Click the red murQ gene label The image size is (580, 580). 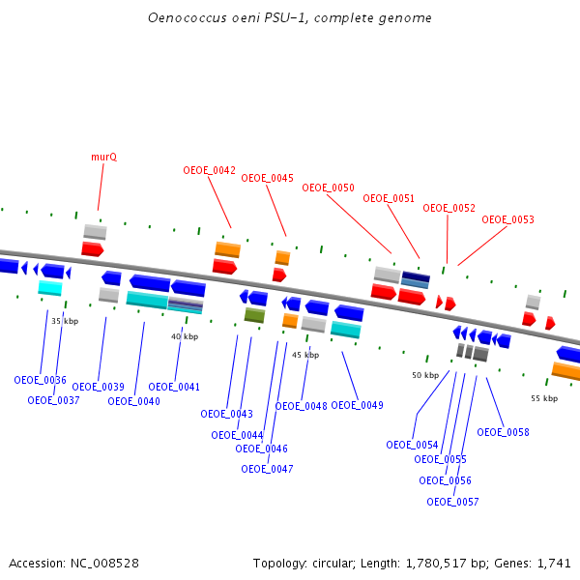point(104,156)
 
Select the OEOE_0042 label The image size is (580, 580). point(209,170)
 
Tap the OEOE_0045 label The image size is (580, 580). point(267,178)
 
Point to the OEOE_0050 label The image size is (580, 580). point(328,188)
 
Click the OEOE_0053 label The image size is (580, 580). point(507,219)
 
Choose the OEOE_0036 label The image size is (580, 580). point(40,380)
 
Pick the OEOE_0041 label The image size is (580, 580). point(174,387)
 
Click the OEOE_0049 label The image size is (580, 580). point(357,405)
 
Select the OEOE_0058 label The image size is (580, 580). point(503,432)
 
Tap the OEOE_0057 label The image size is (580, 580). point(452,502)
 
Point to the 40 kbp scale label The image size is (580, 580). point(185,336)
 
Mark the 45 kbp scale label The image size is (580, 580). point(305,355)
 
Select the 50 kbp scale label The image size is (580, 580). point(425,375)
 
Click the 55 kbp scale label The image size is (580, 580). point(544,397)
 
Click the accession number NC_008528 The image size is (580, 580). point(103,563)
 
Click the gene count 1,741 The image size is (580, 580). point(554,563)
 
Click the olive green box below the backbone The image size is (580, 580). point(254,315)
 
